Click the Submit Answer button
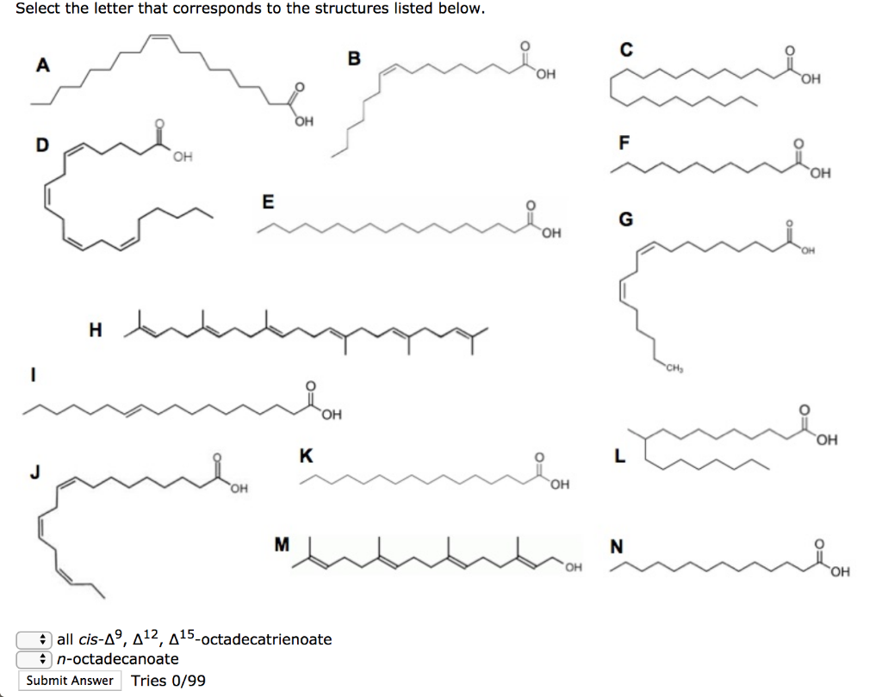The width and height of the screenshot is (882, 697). [70, 680]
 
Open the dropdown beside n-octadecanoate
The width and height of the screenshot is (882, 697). [34, 659]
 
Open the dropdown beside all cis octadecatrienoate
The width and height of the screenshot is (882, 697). [34, 639]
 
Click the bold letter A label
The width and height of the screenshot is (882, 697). [43, 65]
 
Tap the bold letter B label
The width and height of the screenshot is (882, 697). [354, 59]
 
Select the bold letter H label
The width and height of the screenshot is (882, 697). [96, 330]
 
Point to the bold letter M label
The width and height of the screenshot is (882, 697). [282, 544]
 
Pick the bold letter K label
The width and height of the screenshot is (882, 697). [306, 455]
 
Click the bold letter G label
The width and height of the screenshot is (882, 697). [625, 219]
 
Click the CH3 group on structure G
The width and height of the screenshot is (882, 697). [674, 369]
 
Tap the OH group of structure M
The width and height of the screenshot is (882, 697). [573, 568]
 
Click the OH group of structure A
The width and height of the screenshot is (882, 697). [304, 121]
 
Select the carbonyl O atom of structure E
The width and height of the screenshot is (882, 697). [531, 205]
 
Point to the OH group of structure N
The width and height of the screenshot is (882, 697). [840, 572]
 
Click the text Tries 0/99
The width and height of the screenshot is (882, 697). [168, 681]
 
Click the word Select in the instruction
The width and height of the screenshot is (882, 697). [38, 9]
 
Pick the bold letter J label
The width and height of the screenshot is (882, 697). [34, 472]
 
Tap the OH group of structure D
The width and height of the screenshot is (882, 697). [183, 157]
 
